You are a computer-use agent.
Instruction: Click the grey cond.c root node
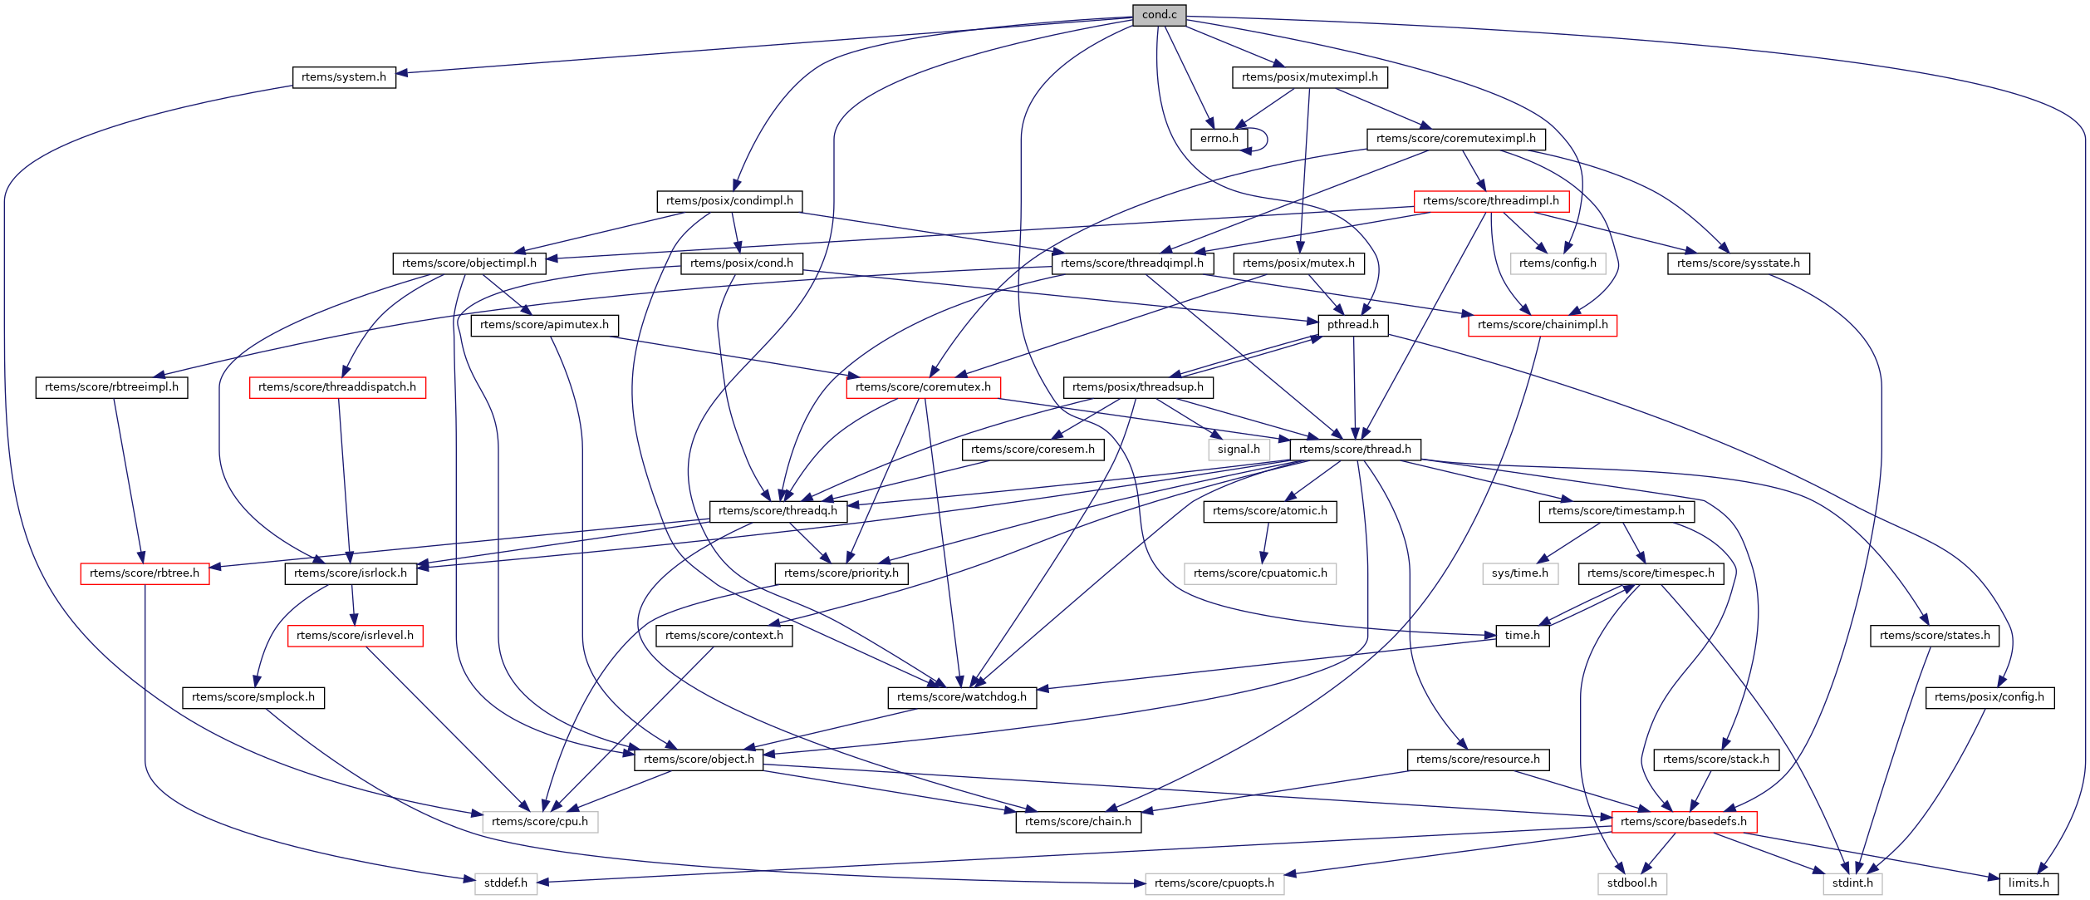1159,15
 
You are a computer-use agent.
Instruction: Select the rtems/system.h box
344,77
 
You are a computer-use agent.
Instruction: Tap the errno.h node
1219,139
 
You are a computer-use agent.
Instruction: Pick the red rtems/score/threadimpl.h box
1490,201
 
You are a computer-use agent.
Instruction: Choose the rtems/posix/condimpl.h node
729,201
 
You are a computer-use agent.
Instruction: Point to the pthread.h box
1352,325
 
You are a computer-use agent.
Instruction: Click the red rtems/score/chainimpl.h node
1542,325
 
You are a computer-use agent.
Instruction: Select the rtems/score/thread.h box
1355,450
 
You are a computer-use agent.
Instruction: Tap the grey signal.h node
1239,450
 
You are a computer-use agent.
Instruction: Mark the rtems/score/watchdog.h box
962,697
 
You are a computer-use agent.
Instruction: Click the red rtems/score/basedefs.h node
1683,822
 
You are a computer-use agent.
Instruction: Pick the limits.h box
2029,883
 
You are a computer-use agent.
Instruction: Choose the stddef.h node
506,883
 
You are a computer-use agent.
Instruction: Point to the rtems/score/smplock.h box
253,697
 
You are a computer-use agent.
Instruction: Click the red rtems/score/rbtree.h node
145,573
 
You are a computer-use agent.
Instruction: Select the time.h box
1522,636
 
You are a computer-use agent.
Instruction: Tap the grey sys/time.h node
1519,573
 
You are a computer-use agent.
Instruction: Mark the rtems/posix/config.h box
1989,697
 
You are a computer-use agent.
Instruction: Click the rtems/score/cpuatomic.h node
1260,573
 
